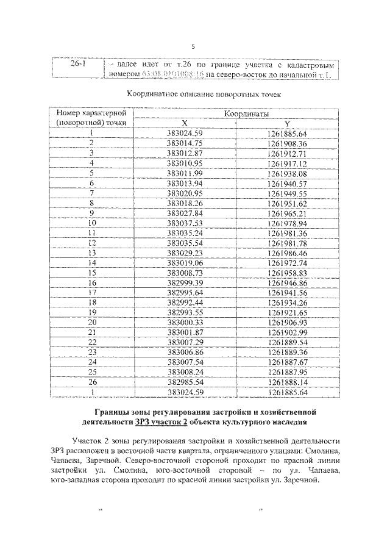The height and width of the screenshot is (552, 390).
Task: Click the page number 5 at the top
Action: click(193, 46)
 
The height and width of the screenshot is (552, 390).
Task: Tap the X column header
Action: click(185, 123)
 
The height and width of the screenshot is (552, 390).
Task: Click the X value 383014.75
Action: click(185, 143)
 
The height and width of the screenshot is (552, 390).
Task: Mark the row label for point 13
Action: click(92, 253)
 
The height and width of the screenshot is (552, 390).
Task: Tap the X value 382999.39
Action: click(185, 282)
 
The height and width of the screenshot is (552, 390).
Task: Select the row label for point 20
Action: click(92, 322)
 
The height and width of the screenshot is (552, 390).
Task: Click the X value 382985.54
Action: click(185, 382)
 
